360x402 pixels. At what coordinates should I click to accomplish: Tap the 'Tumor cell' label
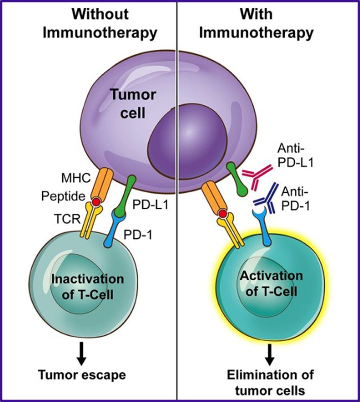(x=127, y=104)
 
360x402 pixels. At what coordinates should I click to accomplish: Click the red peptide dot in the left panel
(x=96, y=202)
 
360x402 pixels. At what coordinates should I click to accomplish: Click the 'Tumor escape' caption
(x=82, y=375)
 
